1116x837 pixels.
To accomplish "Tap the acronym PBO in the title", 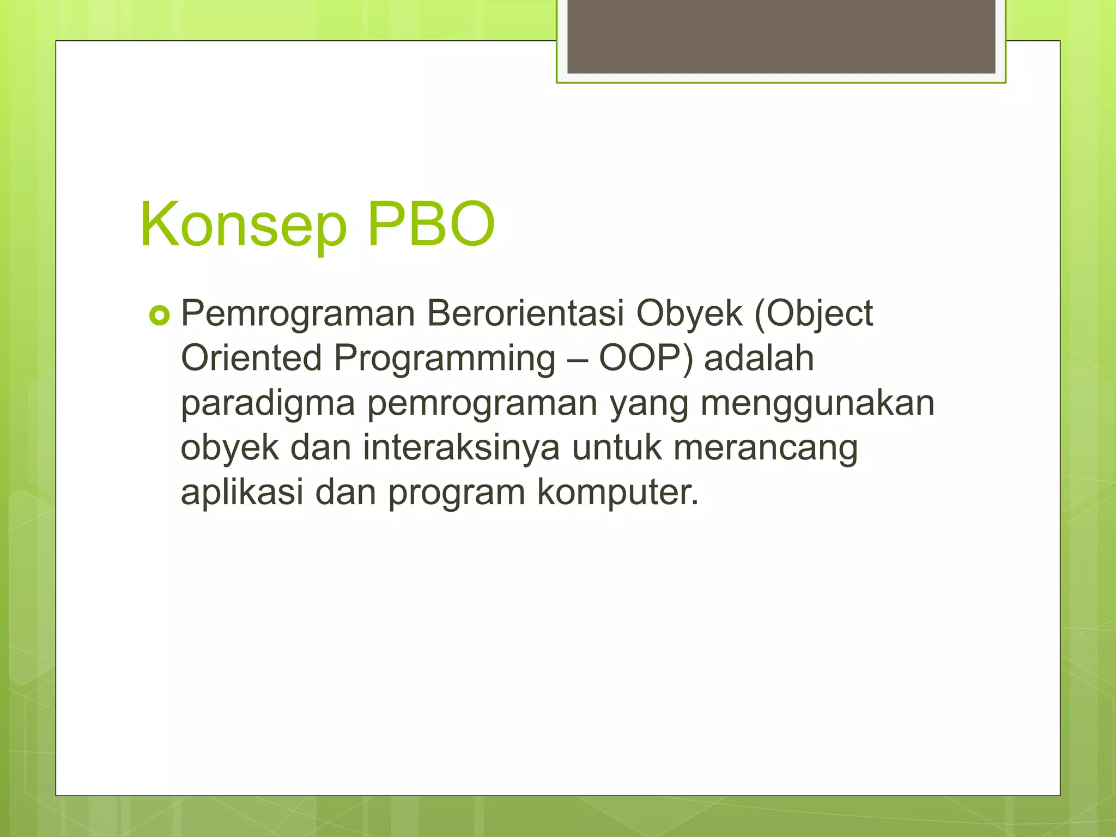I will click(431, 224).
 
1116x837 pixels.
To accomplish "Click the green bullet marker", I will click(160, 316).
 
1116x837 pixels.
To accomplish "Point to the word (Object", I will click(814, 314).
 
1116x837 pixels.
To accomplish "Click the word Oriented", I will click(251, 358).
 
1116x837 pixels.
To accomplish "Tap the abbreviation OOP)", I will click(646, 359).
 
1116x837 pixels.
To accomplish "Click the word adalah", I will click(759, 358).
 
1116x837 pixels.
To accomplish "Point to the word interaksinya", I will click(461, 448).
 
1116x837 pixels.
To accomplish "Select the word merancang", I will click(766, 448).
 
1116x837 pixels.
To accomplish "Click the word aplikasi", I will click(242, 493).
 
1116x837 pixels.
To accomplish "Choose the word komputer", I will click(617, 493).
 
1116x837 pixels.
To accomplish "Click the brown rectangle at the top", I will click(781, 36).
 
